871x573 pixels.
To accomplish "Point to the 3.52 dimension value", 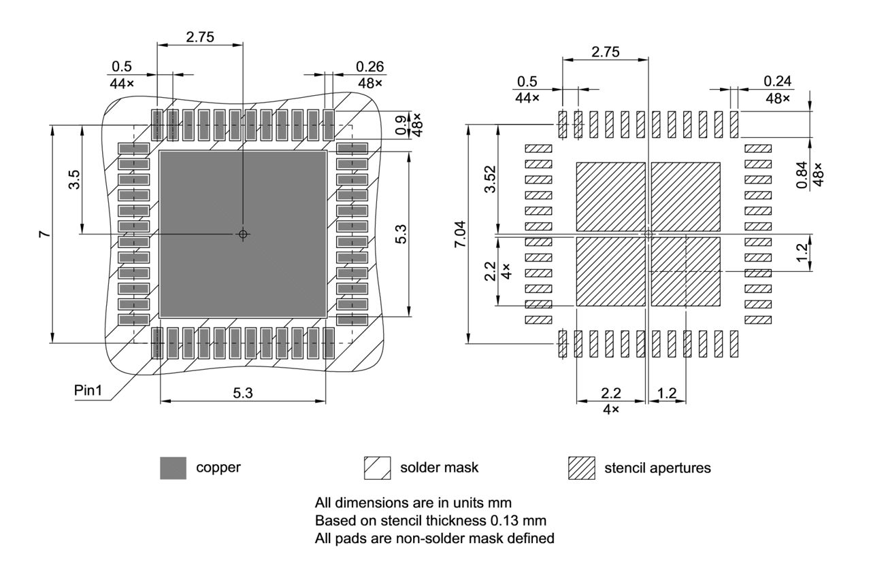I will pos(490,179).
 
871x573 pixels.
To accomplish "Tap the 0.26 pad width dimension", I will pos(369,67).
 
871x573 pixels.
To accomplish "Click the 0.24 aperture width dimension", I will pos(777,81).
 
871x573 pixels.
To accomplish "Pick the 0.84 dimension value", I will pos(804,174).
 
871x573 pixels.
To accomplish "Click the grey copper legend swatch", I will pos(173,468).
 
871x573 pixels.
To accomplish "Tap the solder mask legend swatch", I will pos(377,468).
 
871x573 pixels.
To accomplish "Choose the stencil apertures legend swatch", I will pos(581,468).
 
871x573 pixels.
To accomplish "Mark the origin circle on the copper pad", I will pos(243,234).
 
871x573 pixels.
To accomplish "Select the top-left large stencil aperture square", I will pos(610,196).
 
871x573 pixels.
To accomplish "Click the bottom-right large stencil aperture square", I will pos(686,271).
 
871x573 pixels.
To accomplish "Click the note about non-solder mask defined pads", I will pos(434,538).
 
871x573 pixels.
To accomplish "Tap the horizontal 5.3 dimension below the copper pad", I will pos(243,393).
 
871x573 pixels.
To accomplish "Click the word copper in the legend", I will pos(218,468).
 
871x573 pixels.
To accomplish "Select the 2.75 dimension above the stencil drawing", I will pos(606,52).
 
